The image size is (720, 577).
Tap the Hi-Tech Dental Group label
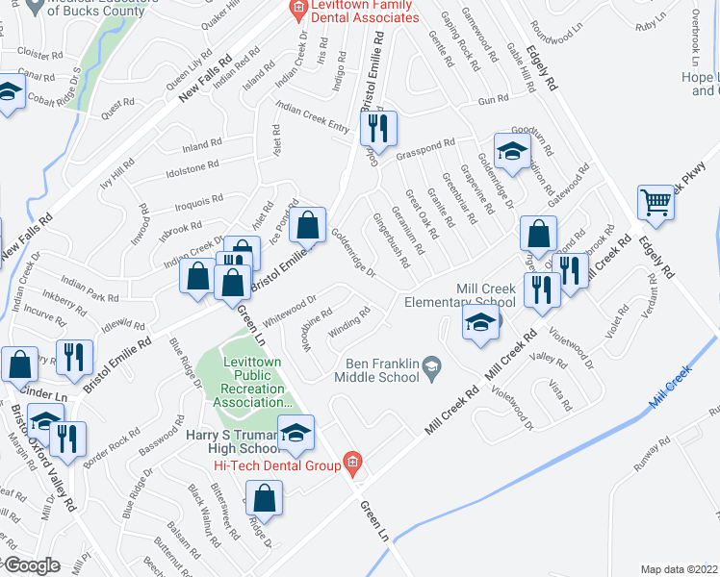279,466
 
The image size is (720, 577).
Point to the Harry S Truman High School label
234,441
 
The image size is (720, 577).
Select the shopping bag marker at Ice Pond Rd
308,226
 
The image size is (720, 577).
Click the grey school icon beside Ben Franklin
432,364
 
